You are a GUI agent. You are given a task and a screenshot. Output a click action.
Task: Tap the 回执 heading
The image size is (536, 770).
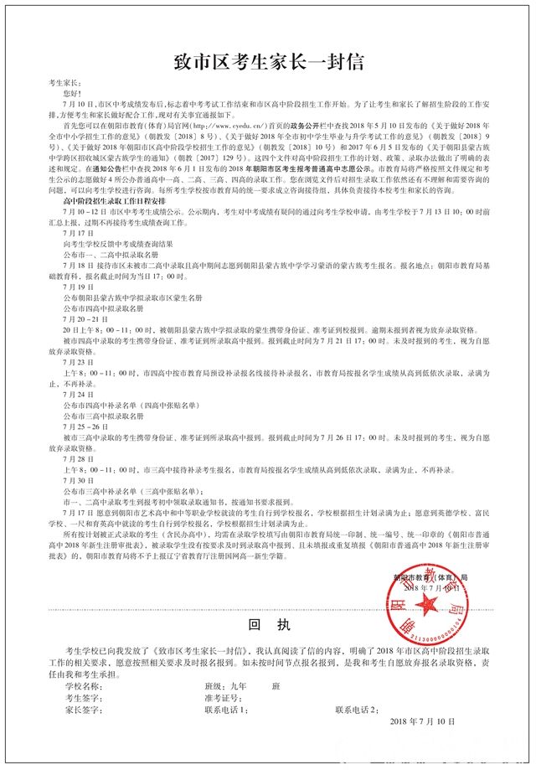(267, 625)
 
